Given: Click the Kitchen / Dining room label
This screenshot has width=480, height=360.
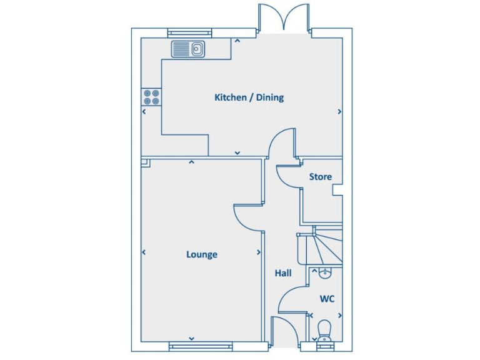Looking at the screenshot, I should [x=249, y=97].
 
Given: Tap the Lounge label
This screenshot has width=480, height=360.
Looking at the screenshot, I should [x=202, y=254].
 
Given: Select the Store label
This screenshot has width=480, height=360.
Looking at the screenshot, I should [x=320, y=177].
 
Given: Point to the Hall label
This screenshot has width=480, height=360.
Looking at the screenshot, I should [x=283, y=273].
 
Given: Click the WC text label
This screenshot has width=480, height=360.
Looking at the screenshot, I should [x=327, y=299].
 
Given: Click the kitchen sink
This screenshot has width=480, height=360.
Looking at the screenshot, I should [x=188, y=48].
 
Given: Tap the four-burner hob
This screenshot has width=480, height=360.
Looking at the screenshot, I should [x=151, y=96].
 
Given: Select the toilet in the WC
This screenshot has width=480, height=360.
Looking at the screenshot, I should [x=324, y=330].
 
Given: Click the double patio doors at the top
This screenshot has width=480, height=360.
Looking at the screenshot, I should [x=285, y=17].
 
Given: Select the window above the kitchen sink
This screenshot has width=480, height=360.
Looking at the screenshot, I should [x=188, y=32].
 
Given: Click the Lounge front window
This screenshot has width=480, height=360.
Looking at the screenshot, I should [x=201, y=346].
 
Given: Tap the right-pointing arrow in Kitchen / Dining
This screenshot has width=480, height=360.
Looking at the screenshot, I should [x=339, y=112].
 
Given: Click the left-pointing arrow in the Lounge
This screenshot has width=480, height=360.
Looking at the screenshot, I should [x=144, y=252].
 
